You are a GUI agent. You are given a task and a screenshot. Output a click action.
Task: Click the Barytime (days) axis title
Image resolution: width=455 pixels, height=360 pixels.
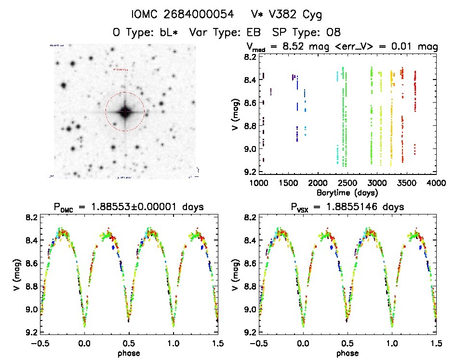coord(348,192)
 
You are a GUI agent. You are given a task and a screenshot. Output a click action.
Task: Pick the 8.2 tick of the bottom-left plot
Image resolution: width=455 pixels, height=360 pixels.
coord(30,217)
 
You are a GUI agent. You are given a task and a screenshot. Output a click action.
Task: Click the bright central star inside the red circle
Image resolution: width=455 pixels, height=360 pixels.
coord(125,112)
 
